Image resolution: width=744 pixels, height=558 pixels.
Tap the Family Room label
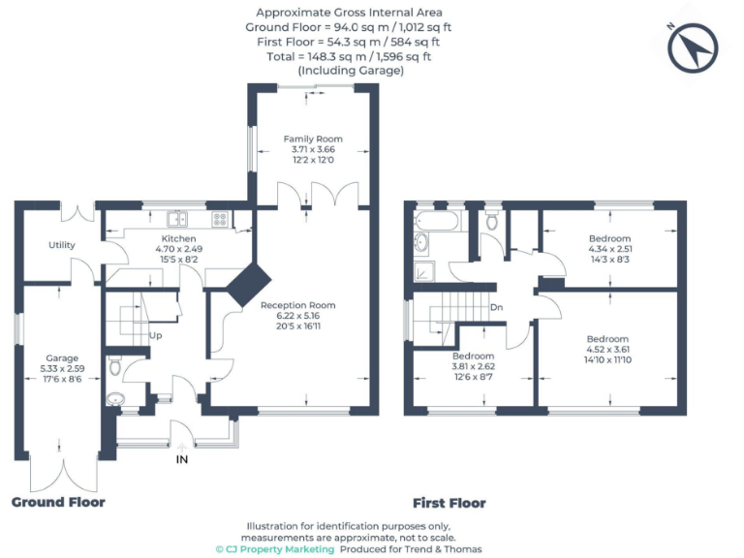(313, 139)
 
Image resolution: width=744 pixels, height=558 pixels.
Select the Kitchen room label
(178, 238)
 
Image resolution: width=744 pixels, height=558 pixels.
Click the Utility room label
(62, 245)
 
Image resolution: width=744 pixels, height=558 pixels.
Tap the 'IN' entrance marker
(181, 459)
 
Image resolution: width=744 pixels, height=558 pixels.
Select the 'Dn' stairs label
(496, 307)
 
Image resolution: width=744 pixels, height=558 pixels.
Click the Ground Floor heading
(58, 502)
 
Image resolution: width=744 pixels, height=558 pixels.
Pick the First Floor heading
(449, 503)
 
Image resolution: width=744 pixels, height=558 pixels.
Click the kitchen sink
(176, 218)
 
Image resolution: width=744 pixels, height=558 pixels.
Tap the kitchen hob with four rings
(220, 218)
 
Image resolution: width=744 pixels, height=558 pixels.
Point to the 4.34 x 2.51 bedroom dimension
(609, 248)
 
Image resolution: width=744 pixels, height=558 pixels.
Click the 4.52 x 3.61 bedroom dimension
(608, 350)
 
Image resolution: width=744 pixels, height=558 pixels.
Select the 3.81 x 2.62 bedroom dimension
(474, 367)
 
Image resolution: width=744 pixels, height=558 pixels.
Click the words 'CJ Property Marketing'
(281, 549)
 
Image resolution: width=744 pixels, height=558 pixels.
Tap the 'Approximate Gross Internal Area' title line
(348, 13)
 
